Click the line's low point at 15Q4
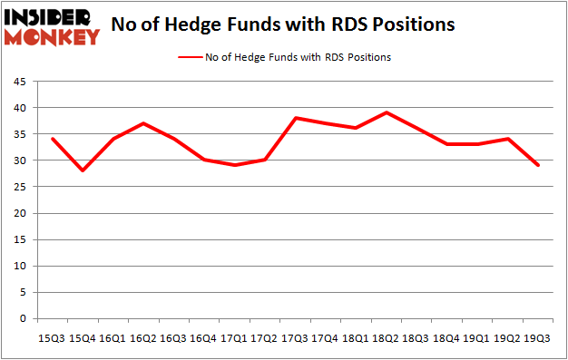pos(83,170)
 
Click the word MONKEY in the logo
pos(53,37)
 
